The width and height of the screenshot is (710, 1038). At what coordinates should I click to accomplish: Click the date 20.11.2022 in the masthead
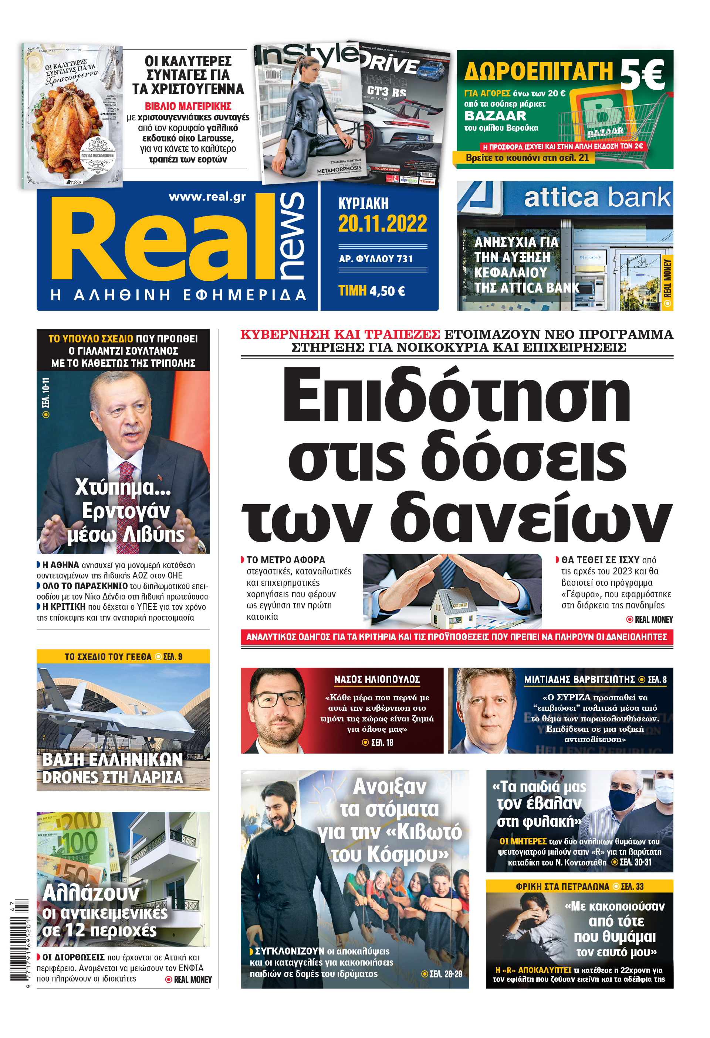[x=382, y=224]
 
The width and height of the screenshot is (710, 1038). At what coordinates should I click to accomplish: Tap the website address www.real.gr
[x=207, y=197]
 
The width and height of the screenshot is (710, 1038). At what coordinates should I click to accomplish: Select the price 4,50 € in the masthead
[x=387, y=291]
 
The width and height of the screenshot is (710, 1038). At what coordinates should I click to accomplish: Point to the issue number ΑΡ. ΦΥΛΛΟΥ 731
[x=376, y=259]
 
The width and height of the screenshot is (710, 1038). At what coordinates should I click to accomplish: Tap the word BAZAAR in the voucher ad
[x=496, y=116]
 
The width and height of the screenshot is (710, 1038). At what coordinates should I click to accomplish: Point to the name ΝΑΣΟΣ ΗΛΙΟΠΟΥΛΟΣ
[x=377, y=679]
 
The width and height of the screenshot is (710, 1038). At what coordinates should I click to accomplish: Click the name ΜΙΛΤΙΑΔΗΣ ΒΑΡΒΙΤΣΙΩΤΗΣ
[x=579, y=679]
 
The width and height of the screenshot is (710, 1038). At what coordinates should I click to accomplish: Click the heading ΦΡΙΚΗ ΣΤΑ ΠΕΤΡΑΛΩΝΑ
[x=562, y=887]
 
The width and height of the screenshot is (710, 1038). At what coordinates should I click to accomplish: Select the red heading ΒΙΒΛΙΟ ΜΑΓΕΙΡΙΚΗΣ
[x=188, y=106]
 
